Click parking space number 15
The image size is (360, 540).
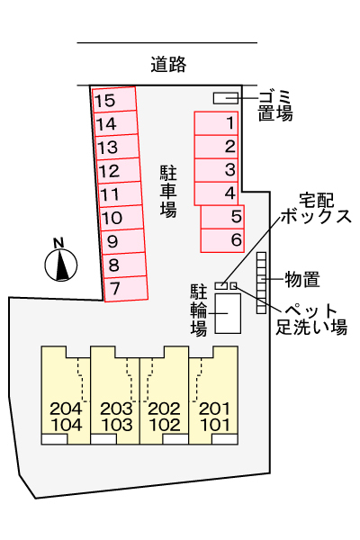(114, 100)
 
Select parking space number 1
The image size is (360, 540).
(216, 123)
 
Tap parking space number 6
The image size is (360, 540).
(222, 240)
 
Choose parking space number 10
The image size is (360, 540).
(121, 218)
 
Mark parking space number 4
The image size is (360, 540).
(216, 193)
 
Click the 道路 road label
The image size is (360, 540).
(168, 64)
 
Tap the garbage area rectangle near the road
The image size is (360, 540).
(226, 98)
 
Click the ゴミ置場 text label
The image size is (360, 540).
(275, 105)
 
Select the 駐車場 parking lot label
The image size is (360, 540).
(168, 192)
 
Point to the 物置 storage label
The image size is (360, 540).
(302, 279)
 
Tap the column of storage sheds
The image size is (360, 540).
(262, 283)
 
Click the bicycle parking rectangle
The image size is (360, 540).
(228, 313)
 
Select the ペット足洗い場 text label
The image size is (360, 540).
(311, 319)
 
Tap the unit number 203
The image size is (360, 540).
(116, 409)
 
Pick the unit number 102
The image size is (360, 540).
(165, 425)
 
